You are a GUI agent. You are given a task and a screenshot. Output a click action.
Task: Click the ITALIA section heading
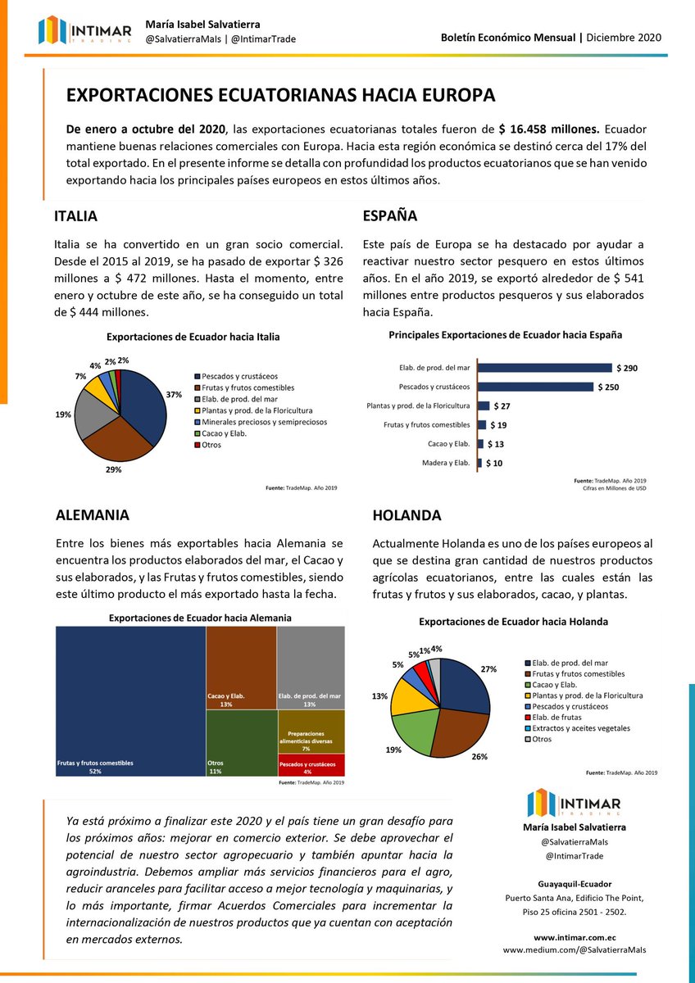pyautogui.click(x=75, y=216)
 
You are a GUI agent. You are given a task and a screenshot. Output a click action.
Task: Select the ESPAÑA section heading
pyautogui.click(x=389, y=216)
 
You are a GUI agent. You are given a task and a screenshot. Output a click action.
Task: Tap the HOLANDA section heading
pyautogui.click(x=407, y=515)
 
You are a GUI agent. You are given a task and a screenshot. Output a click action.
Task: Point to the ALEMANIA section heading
pyautogui.click(x=92, y=515)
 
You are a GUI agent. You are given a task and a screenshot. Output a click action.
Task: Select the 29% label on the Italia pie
pyautogui.click(x=113, y=469)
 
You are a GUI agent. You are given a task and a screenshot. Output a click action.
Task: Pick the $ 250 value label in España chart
pyautogui.click(x=607, y=387)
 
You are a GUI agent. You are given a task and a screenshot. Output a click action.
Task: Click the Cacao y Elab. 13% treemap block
pyautogui.click(x=241, y=668)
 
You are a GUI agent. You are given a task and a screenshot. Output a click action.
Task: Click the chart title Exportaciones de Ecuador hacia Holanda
pyautogui.click(x=513, y=622)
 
